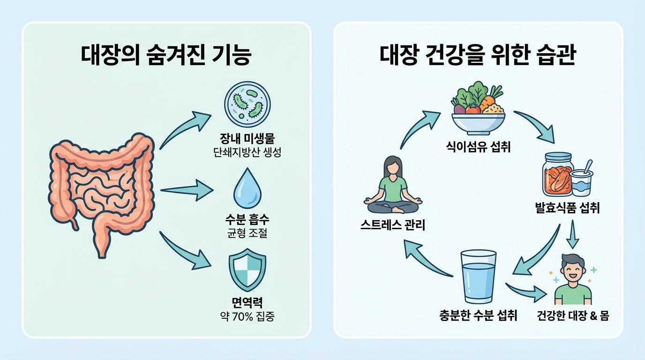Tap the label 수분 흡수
click(x=247, y=220)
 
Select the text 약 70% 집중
click(x=247, y=316)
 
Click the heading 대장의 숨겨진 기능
click(x=166, y=56)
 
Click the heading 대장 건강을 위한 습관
click(x=478, y=56)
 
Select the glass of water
click(x=478, y=277)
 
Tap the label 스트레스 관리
click(x=393, y=225)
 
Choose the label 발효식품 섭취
click(x=567, y=208)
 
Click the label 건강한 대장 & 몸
click(x=573, y=315)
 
